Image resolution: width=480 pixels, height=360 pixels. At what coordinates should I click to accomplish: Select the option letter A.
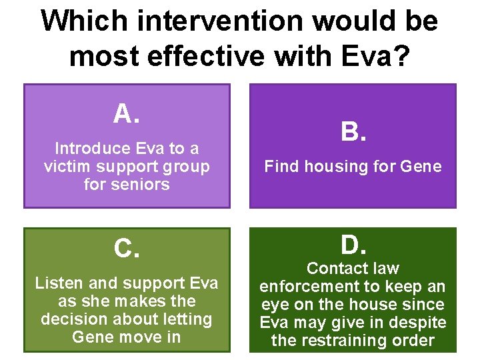click(127, 115)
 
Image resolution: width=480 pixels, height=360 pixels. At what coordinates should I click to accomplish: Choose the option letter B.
click(353, 132)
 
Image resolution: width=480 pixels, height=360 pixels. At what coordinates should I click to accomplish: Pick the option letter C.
click(127, 249)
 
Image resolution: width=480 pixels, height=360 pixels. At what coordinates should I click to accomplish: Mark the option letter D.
click(353, 245)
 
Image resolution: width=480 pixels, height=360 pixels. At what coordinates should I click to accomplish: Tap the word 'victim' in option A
click(66, 166)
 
